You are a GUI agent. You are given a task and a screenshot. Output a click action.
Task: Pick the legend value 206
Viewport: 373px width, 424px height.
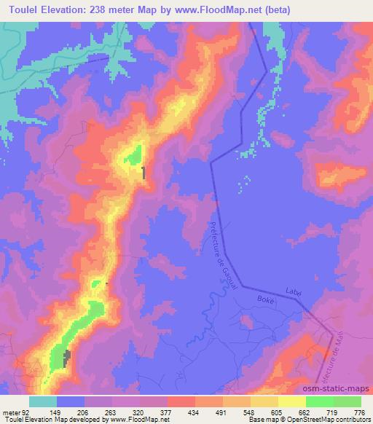coord(90,412)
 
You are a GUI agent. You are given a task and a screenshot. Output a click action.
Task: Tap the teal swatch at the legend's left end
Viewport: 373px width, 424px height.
coord(43,401)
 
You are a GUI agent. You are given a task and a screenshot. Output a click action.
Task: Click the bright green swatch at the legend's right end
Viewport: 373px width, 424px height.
coord(347,401)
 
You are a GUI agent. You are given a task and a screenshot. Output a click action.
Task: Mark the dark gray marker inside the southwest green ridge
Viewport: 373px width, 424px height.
coord(67,358)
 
